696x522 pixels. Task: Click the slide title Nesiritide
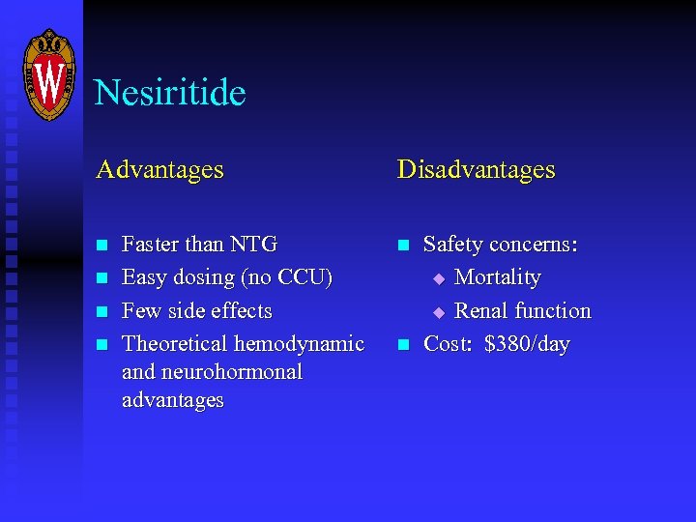pos(170,93)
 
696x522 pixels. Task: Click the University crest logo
pos(48,74)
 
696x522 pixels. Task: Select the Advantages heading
pos(159,170)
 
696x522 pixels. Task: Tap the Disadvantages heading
pos(476,170)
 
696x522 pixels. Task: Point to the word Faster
pos(150,245)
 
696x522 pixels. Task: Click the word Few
pos(141,311)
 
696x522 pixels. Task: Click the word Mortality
pos(497,277)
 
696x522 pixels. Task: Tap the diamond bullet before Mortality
pos(437,278)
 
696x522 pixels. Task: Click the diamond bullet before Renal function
pos(437,312)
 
